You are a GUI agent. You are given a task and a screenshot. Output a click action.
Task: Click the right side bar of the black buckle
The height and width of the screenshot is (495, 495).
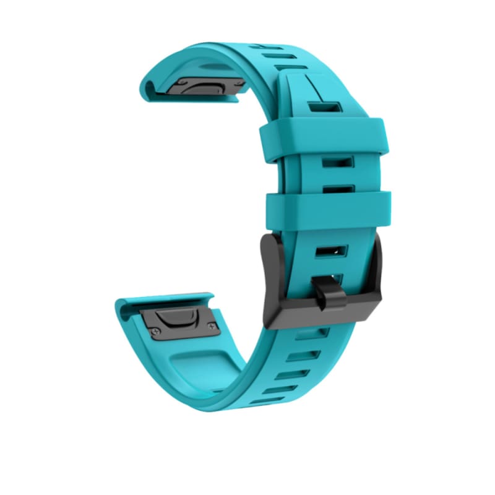point(376,272)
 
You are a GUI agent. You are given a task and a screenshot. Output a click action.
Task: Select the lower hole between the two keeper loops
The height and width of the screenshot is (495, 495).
point(337,187)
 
